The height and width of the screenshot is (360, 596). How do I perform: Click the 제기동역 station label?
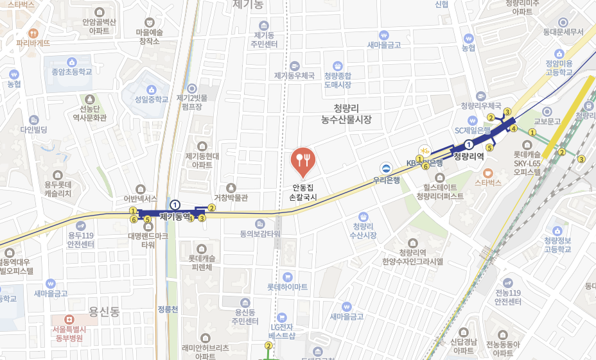point(175,217)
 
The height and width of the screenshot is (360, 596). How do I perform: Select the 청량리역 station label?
point(468,156)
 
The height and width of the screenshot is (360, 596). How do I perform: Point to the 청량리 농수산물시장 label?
point(347,114)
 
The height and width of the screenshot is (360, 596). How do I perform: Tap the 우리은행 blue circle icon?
point(386,168)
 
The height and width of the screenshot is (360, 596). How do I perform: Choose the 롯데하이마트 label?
point(287,286)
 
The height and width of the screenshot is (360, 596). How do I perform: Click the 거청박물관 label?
point(231,198)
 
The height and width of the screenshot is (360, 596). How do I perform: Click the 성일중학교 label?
point(152,99)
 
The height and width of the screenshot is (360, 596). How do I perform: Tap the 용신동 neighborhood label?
point(104,311)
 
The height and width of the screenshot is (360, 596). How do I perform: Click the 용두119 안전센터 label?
point(82,239)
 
